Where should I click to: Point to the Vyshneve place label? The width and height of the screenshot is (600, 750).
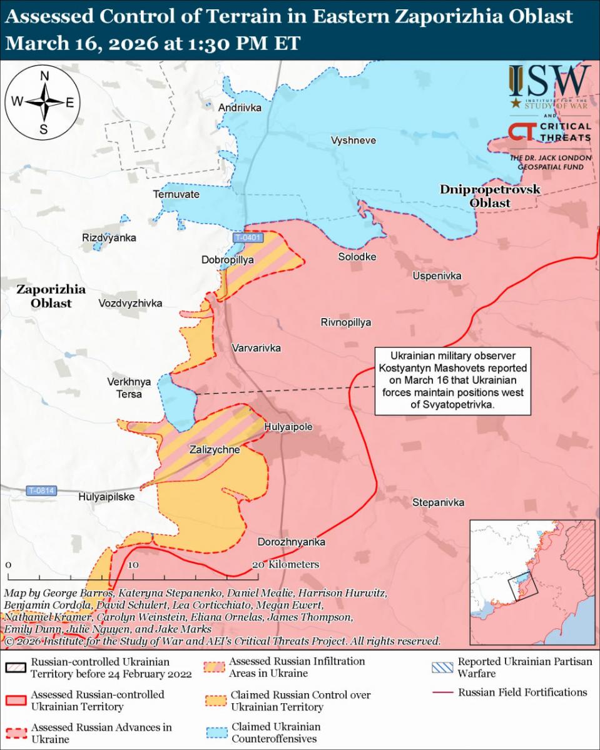point(353,140)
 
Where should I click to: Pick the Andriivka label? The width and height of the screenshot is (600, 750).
point(240,108)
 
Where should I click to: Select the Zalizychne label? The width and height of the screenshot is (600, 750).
point(215,449)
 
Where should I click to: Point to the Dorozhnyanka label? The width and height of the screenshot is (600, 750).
point(291,542)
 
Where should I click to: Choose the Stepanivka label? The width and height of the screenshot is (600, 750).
point(438,502)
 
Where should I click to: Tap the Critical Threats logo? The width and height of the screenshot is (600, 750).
point(549,132)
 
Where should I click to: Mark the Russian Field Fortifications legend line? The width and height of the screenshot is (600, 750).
point(444,692)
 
